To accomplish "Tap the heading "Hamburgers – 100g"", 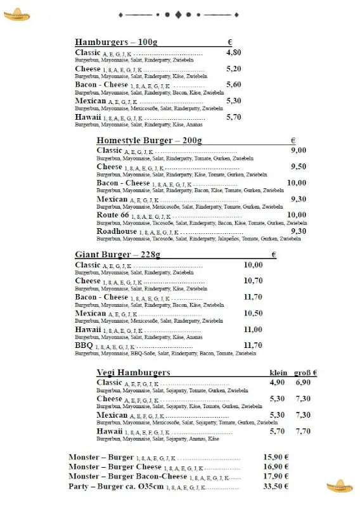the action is coord(116,42).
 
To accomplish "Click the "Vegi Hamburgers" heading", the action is coord(133,372).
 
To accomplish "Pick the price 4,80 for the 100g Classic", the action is coord(233,53).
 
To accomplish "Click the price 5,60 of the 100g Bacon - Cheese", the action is coord(233,84).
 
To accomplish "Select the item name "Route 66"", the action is coord(113,215).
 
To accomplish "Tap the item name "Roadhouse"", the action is coord(116,231).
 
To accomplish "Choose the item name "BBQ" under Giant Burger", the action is coord(84,345).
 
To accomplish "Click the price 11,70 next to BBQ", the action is coord(253,345).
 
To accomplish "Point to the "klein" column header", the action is coord(278,373).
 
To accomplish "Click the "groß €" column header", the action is coord(305,373).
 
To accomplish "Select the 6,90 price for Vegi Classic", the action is coord(303,383).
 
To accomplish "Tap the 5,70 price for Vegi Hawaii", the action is coord(277,431).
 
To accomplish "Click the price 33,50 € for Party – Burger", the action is coord(276,487).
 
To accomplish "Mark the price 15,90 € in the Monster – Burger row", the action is coord(276,457).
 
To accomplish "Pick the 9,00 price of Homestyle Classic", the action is coord(298,150).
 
